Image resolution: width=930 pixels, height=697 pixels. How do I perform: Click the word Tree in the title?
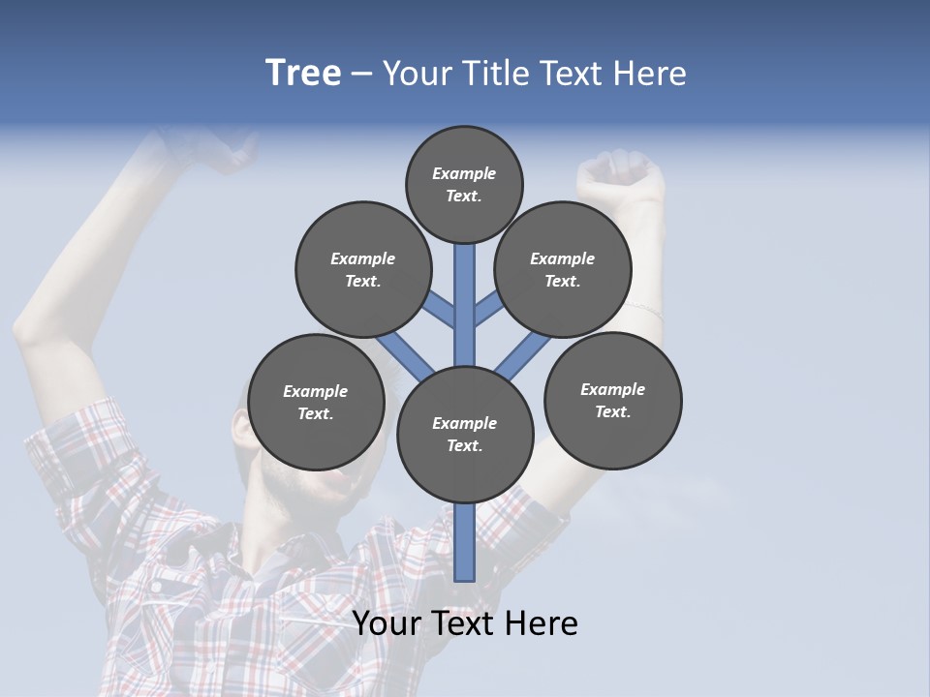303,74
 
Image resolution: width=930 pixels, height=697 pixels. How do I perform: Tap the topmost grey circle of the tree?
464,184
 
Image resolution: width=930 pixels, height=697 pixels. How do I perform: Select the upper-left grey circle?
363,269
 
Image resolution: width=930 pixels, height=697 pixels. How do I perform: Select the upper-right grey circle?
563,269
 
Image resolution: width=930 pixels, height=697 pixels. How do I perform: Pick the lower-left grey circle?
316,402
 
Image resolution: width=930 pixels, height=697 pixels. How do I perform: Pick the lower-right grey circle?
613,400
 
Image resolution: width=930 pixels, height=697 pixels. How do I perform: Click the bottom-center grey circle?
465,434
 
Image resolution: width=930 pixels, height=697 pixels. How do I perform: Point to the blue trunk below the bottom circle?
465,542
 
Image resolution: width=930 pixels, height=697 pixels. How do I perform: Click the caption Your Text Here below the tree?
465,623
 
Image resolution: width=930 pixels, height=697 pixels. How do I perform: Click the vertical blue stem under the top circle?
465,290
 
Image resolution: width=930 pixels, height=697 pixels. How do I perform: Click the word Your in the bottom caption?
385,623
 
